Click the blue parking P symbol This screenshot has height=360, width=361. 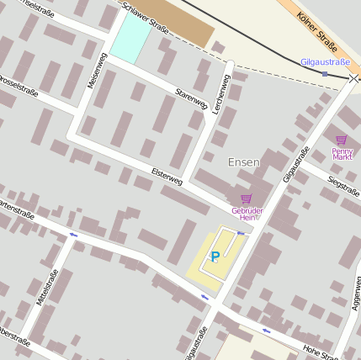click(215, 257)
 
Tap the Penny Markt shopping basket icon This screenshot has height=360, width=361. click(341, 140)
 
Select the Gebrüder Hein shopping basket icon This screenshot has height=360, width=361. click(246, 199)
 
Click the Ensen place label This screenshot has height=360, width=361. click(244, 161)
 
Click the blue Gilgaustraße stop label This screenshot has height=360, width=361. click(325, 62)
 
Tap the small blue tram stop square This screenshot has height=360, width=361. click(325, 74)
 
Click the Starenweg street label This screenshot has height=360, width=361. click(191, 99)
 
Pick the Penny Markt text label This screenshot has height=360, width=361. click(342, 153)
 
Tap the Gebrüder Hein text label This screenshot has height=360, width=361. click(247, 213)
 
